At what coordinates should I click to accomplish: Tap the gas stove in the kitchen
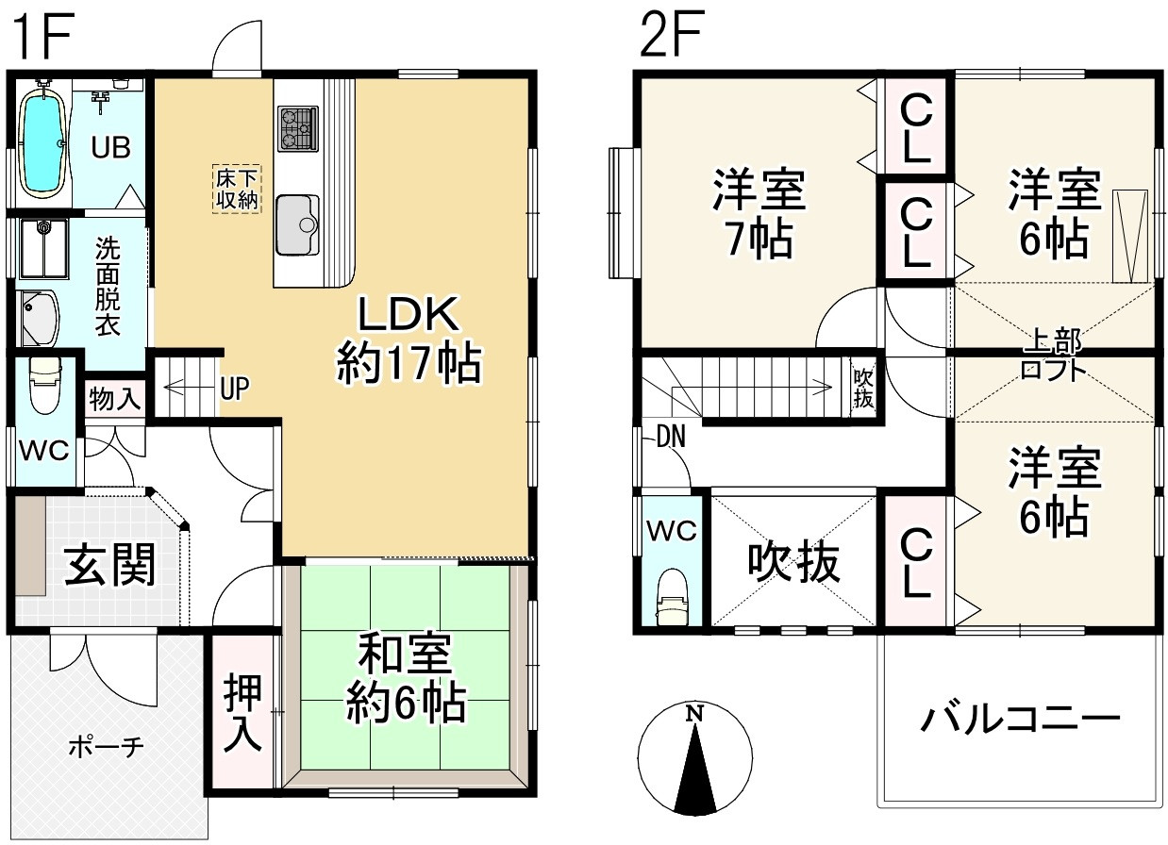pyautogui.click(x=297, y=128)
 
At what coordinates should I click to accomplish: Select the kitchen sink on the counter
pyautogui.click(x=298, y=224)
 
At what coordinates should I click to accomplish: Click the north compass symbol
pyautogui.click(x=694, y=760)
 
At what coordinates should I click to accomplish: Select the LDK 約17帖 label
pyautogui.click(x=409, y=338)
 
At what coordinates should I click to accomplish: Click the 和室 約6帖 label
pyautogui.click(x=406, y=677)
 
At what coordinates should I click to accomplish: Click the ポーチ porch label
pyautogui.click(x=106, y=747)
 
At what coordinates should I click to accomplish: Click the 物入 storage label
pyautogui.click(x=115, y=398)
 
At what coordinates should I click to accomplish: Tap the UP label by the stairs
pyautogui.click(x=234, y=388)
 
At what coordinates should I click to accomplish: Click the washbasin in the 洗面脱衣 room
pyautogui.click(x=39, y=318)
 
